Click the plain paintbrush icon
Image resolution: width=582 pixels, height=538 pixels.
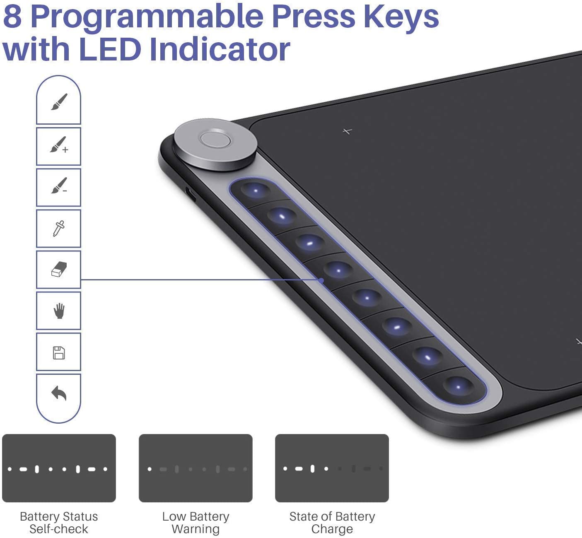[x=59, y=102]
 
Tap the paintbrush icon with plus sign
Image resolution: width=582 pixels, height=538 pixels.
[x=59, y=145]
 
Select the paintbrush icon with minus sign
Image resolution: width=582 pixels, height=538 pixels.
[x=59, y=186]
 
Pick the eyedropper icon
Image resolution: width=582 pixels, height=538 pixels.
[x=58, y=228]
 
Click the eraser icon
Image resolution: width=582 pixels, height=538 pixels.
[x=59, y=269]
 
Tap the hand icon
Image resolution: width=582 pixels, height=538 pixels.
[x=59, y=311]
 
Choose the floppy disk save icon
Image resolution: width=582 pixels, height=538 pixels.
[x=58, y=352]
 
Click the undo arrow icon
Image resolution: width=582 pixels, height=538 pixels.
[x=59, y=393]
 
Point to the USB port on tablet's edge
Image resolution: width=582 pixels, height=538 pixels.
[x=191, y=194]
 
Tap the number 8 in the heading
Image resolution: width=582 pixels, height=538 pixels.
[x=12, y=17]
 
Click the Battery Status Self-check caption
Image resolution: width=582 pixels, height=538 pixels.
[x=58, y=523]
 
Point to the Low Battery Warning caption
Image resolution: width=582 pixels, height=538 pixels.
[x=196, y=523]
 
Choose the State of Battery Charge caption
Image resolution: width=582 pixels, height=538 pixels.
[x=332, y=523]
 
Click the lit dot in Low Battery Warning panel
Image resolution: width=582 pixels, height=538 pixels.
[x=150, y=469]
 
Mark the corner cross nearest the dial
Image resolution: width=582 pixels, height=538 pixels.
[x=347, y=131]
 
